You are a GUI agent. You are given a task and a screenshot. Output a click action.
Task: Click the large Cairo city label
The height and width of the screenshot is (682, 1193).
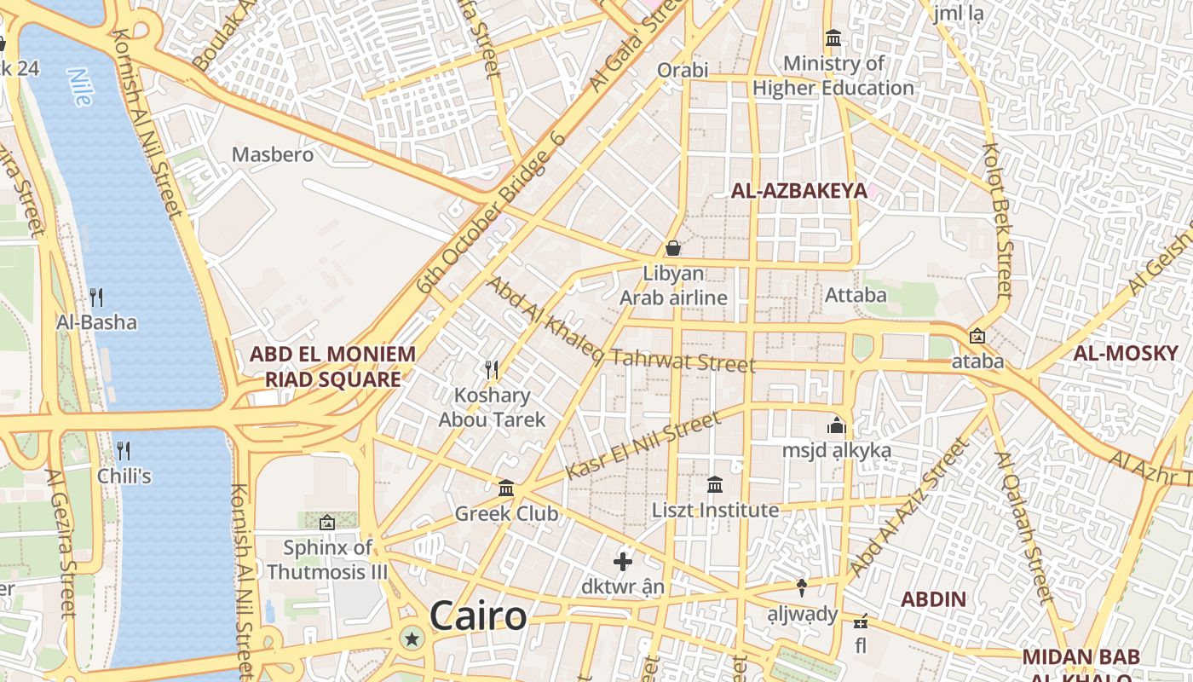(478, 616)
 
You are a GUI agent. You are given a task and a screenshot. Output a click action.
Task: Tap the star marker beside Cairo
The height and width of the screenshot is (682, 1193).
(413, 638)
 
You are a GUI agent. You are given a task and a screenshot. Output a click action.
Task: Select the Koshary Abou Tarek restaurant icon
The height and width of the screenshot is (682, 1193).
(492, 369)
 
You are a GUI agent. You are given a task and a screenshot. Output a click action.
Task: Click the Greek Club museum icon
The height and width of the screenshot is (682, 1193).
(506, 488)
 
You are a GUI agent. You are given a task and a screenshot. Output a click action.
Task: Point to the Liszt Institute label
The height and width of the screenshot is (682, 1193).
(715, 511)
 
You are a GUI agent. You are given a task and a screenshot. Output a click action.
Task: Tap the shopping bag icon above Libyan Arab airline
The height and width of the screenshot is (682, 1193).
(673, 248)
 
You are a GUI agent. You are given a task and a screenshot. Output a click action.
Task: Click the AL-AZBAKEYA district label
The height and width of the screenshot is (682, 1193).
(798, 191)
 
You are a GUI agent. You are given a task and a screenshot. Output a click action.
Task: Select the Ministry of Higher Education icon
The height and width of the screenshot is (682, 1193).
(833, 38)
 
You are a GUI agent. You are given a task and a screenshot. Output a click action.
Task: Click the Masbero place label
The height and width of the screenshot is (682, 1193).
(273, 155)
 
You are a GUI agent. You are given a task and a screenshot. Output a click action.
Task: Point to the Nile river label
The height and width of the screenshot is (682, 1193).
(80, 87)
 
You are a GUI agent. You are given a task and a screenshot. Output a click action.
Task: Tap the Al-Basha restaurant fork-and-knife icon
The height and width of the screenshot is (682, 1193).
(96, 298)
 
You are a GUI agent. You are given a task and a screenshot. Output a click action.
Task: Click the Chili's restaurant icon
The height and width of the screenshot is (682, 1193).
(124, 450)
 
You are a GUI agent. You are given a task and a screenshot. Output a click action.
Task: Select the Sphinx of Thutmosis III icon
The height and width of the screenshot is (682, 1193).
(327, 523)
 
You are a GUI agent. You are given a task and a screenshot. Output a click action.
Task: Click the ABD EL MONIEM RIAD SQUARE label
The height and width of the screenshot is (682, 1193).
(332, 367)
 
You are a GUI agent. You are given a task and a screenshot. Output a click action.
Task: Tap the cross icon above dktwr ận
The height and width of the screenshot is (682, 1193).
(623, 561)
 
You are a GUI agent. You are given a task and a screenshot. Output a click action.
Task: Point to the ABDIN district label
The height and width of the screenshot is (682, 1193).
(934, 599)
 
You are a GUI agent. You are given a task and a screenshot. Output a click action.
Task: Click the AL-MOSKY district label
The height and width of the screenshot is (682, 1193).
(1125, 353)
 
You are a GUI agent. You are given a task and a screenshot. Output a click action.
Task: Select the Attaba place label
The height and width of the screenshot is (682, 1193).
(856, 296)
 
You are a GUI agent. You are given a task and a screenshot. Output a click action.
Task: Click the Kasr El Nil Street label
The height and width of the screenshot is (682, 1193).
(643, 446)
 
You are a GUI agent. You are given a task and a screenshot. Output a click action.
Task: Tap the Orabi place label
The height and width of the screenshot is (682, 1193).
(682, 70)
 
